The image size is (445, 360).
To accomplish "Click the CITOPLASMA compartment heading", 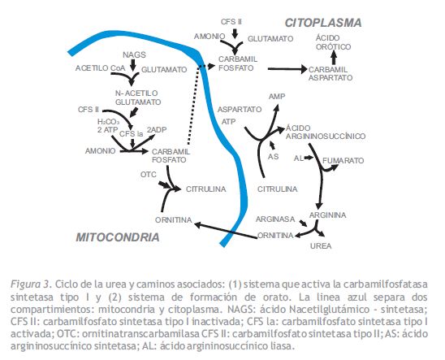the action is (x=323, y=23).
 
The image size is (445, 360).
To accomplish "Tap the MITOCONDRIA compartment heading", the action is (x=118, y=237).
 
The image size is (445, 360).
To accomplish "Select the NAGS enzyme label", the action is (x=134, y=54).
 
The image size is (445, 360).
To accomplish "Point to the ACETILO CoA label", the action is (x=100, y=68).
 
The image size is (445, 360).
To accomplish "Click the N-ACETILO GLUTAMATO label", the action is (x=138, y=98).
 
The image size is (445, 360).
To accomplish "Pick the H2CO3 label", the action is (x=108, y=122).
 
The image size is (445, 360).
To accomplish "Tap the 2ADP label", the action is (x=157, y=130).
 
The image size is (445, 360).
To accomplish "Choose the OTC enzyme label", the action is (x=148, y=175).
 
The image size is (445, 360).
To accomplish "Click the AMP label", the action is (x=277, y=97).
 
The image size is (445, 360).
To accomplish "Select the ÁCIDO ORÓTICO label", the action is (x=333, y=42).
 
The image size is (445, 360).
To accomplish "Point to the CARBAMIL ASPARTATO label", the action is (x=331, y=73).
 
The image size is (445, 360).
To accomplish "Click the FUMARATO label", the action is (x=343, y=161).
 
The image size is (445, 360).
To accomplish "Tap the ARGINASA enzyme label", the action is (x=275, y=219).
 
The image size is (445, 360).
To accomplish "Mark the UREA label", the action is (x=321, y=246).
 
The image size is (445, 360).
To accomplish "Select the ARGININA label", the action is (x=327, y=215).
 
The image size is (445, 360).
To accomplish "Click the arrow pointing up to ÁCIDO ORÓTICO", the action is (x=334, y=59).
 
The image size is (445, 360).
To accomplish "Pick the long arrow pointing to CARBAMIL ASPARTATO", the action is (x=287, y=69).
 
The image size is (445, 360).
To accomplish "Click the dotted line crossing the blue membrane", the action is (x=194, y=105).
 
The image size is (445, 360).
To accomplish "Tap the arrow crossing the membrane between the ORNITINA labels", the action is (x=226, y=231).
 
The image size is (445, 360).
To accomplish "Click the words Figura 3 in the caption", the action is (x=31, y=284).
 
